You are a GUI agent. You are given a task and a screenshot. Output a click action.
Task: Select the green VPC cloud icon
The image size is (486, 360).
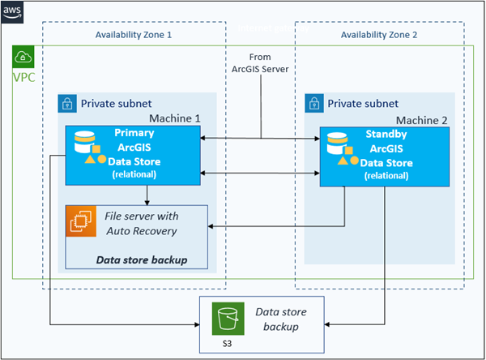click(23, 58)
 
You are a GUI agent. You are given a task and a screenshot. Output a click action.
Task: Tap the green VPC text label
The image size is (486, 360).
click(24, 79)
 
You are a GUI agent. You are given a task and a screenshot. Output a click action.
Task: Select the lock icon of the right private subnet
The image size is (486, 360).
click(314, 103)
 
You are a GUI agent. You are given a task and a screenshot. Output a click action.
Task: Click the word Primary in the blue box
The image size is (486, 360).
click(134, 132)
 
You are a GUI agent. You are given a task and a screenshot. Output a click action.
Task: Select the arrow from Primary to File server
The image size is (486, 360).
click(146, 194)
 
